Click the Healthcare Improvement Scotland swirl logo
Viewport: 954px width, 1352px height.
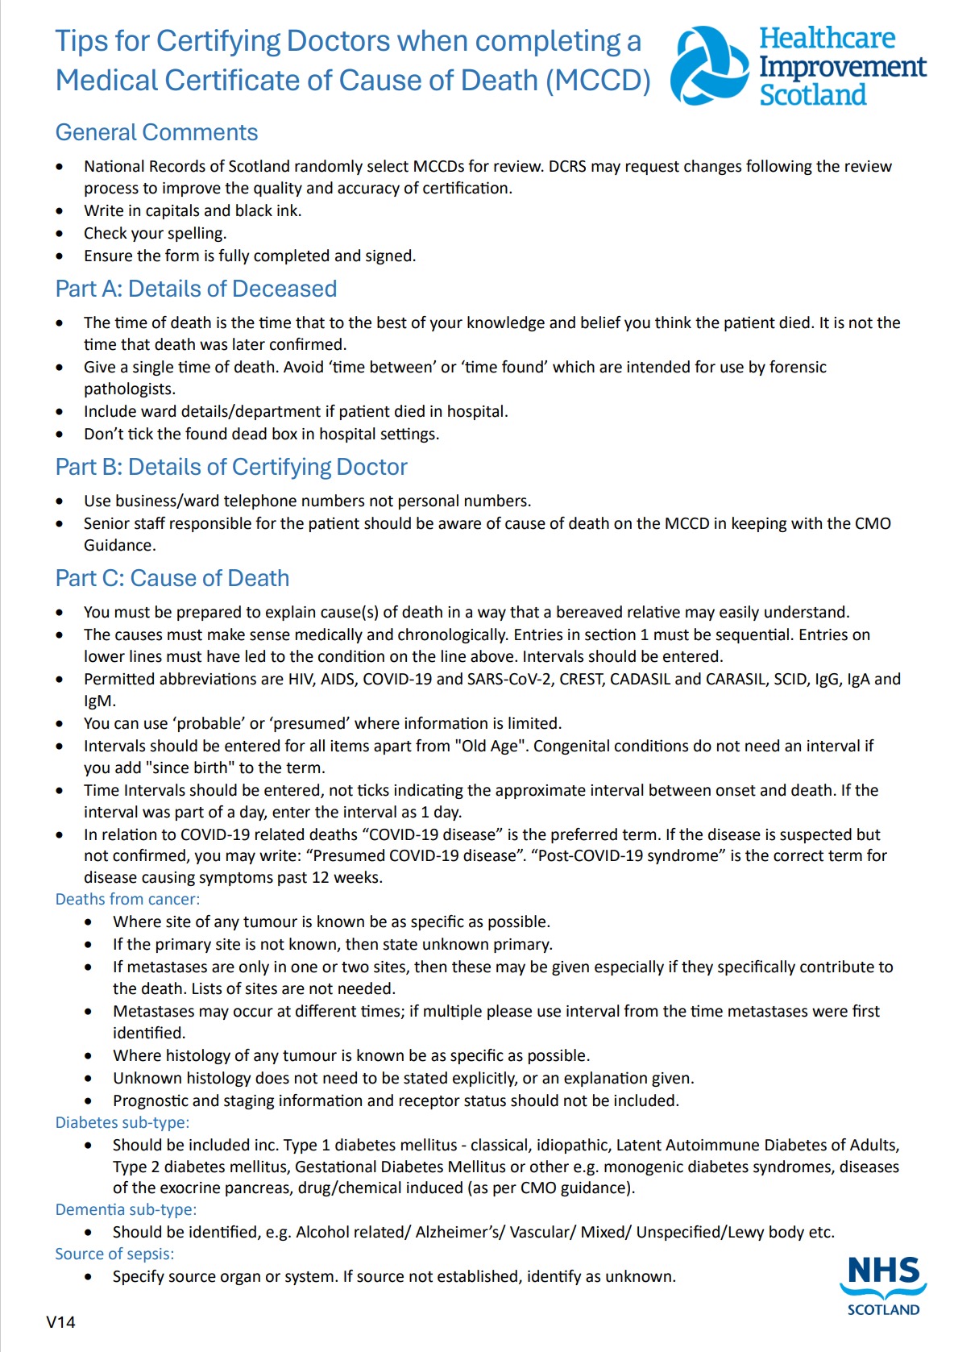click(x=709, y=66)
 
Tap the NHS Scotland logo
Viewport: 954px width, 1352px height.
click(x=883, y=1285)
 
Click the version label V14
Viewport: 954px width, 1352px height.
click(x=60, y=1321)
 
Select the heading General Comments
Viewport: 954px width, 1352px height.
click(x=156, y=132)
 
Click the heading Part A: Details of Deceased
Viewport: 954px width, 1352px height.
click(x=196, y=289)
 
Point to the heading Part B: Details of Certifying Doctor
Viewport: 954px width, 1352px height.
click(x=231, y=467)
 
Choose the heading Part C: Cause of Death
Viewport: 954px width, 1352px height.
click(x=172, y=578)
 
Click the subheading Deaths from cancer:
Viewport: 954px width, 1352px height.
click(x=127, y=899)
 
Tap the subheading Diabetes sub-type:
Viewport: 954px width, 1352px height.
click(x=122, y=1122)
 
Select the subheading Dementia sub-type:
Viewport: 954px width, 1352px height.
click(x=126, y=1209)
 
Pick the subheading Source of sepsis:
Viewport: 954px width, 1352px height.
click(x=114, y=1254)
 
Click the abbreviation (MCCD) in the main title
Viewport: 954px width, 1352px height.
click(x=598, y=81)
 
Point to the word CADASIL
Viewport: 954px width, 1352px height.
click(x=640, y=679)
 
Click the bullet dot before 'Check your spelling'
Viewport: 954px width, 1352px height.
click(x=60, y=234)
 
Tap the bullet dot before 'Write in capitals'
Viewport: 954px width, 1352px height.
click(x=60, y=211)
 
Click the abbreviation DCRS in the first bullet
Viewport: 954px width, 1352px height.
click(x=570, y=166)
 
